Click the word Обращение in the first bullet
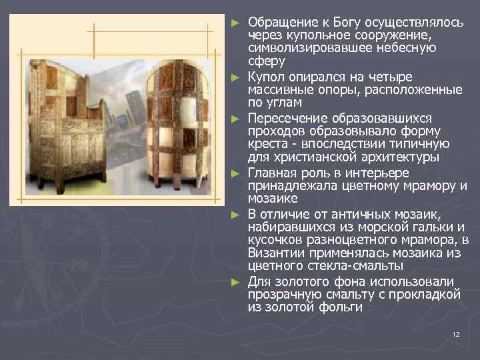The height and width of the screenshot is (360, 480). point(277,21)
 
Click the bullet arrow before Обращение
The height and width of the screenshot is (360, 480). point(234,21)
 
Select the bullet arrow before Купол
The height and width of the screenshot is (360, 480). point(234,77)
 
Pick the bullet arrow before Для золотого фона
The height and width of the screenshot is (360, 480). point(234,281)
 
